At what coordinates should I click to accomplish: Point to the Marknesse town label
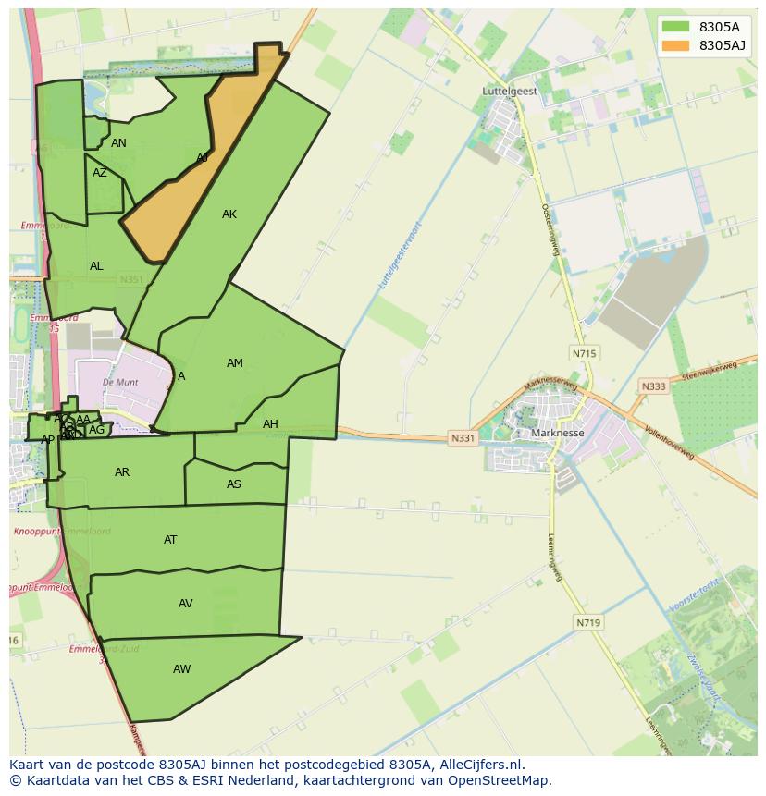tap(558, 433)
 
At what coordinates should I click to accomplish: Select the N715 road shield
tap(585, 353)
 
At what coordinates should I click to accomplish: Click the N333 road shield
tap(653, 386)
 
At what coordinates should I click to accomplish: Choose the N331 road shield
tap(463, 437)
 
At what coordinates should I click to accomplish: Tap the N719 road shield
tap(588, 623)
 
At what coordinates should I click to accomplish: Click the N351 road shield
tap(130, 279)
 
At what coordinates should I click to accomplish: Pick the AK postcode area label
tap(229, 214)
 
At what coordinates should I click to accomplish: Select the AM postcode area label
tap(235, 363)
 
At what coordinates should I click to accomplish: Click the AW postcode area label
tap(181, 669)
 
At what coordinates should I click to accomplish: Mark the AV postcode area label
tap(186, 604)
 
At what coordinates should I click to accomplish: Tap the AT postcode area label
tap(170, 540)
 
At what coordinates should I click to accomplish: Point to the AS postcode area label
tap(234, 484)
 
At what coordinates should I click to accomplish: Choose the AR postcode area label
tap(122, 472)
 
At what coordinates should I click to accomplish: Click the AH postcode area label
tap(270, 424)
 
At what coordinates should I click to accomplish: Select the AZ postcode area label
tap(100, 173)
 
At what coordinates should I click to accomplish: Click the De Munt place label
tap(121, 382)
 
